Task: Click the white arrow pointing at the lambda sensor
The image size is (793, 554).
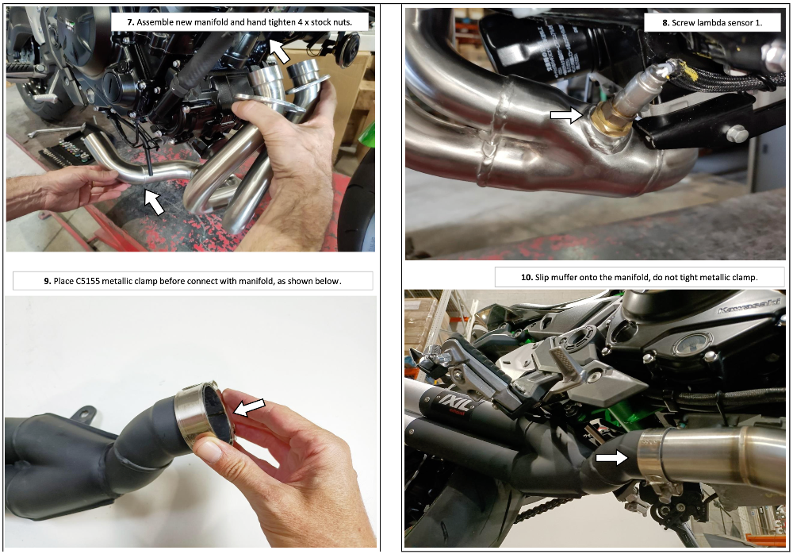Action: coord(568,116)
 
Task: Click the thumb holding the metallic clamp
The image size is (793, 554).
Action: coord(208,451)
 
